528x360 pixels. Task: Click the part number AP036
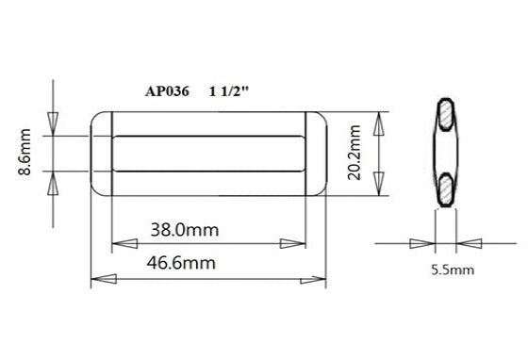click(x=169, y=92)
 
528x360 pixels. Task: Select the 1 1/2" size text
click(x=232, y=92)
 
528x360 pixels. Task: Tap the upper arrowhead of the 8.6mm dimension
click(x=53, y=123)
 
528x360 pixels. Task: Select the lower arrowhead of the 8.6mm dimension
click(x=53, y=183)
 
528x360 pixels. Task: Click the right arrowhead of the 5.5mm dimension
click(x=469, y=244)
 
